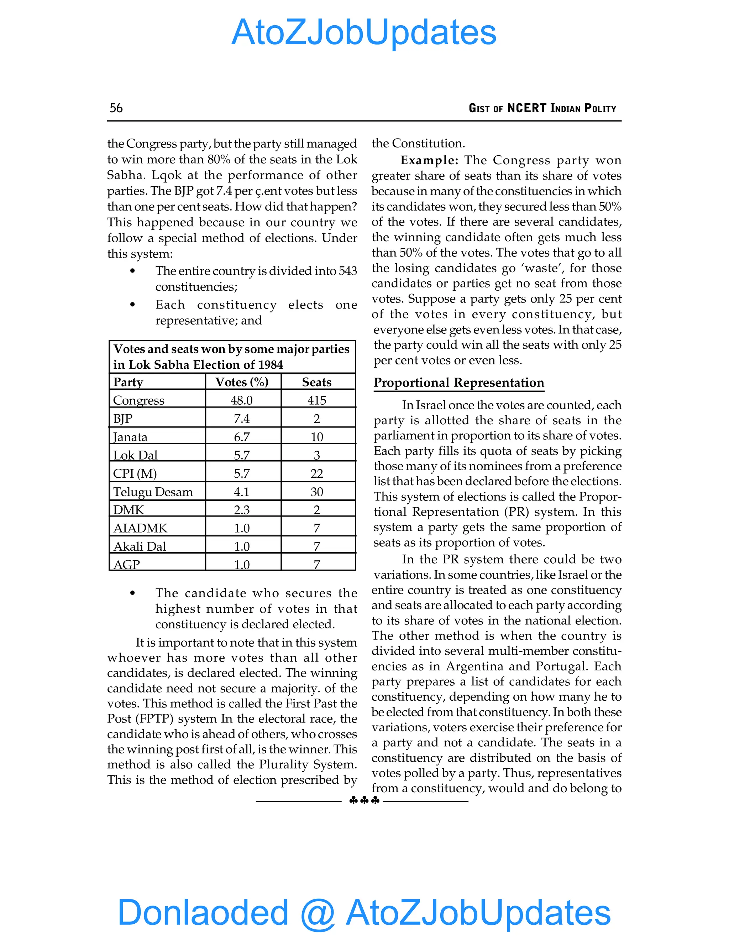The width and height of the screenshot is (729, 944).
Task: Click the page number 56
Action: (x=116, y=108)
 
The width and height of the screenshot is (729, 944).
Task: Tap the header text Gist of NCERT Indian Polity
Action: (x=542, y=108)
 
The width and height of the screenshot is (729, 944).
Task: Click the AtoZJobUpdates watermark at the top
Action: (x=364, y=32)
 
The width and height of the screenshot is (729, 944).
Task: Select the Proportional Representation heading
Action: (x=458, y=383)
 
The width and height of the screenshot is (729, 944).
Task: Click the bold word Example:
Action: (x=429, y=160)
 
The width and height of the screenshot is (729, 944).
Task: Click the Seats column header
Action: (x=316, y=382)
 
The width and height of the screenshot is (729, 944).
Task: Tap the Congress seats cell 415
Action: (x=316, y=400)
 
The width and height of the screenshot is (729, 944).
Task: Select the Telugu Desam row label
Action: (x=152, y=492)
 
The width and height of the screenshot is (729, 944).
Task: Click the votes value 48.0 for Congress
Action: (x=241, y=400)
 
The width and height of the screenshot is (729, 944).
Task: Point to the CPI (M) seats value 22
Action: (x=316, y=474)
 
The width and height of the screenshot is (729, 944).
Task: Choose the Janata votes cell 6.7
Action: (x=241, y=437)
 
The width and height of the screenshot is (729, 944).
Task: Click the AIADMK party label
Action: (x=140, y=528)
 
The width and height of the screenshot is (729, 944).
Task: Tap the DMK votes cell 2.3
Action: (x=241, y=510)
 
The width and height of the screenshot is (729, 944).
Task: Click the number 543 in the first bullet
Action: (x=348, y=271)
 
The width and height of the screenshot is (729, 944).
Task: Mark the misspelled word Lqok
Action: (x=167, y=176)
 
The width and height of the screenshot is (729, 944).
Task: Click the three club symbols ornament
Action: (x=364, y=800)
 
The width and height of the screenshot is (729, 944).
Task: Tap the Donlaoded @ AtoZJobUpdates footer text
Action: (x=364, y=912)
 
